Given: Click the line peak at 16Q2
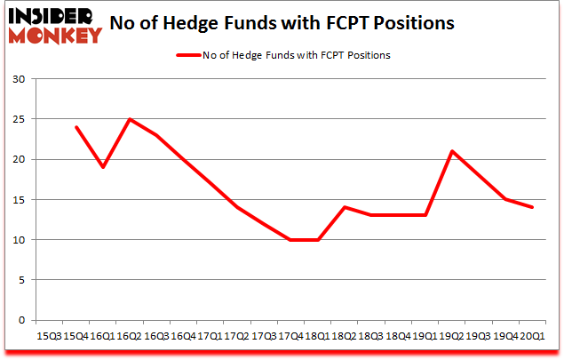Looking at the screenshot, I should pyautogui.click(x=131, y=119).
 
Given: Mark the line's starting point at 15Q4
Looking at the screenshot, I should pyautogui.click(x=77, y=127).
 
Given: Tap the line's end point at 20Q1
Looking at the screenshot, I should pyautogui.click(x=533, y=207).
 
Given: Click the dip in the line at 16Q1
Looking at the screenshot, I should pyautogui.click(x=104, y=167).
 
